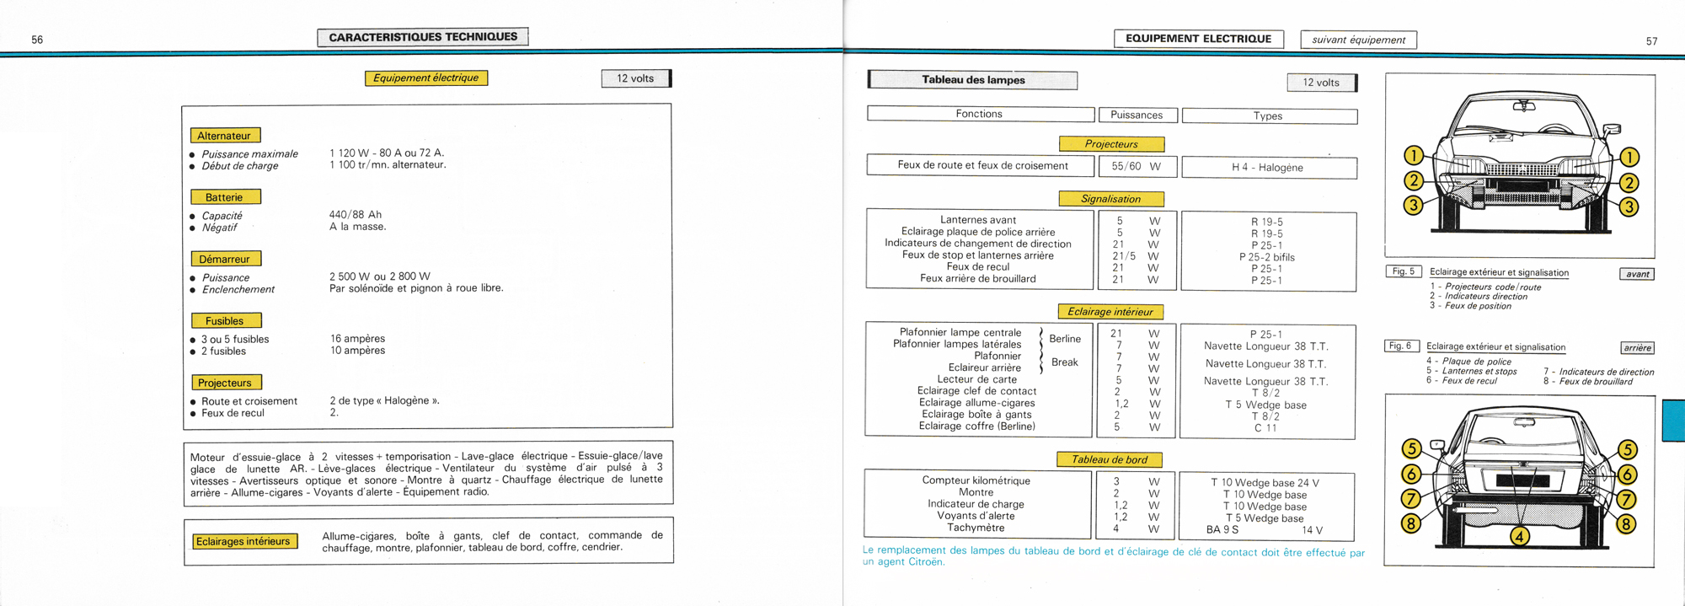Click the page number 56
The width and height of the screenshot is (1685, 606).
(37, 40)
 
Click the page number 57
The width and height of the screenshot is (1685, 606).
(1651, 41)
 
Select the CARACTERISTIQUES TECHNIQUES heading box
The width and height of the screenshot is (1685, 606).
(423, 37)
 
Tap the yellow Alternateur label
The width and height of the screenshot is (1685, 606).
(224, 136)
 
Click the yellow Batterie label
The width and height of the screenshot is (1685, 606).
(224, 197)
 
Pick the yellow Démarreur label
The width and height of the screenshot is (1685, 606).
(224, 259)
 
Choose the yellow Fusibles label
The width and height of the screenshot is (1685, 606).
(225, 320)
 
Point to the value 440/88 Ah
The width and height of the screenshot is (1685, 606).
(356, 215)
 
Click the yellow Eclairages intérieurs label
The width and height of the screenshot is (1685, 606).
(243, 541)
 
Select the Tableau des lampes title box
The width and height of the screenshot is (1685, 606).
(973, 80)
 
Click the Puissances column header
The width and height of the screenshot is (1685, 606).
(1137, 115)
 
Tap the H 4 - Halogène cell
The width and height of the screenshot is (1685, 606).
(1268, 168)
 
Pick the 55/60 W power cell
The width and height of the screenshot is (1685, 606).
(1136, 167)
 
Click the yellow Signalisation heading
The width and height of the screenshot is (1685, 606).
(1111, 199)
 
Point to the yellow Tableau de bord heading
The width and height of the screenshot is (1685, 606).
(1110, 459)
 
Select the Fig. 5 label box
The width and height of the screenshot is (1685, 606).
(1404, 271)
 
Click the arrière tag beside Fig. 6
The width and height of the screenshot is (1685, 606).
(1637, 348)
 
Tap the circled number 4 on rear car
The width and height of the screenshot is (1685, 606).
(1519, 536)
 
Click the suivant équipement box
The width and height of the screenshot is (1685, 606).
(1358, 40)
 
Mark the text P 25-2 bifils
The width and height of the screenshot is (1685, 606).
(1267, 257)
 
